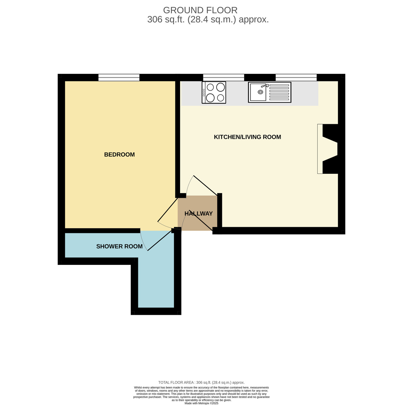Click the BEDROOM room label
(119, 155)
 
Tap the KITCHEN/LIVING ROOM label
(247, 137)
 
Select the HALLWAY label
(198, 214)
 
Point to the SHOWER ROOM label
(119, 246)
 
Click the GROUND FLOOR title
(200, 10)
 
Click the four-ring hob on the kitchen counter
(214, 92)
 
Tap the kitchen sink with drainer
(269, 92)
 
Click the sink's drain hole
(260, 92)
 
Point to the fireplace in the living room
(327, 149)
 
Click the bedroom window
(119, 77)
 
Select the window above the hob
(224, 77)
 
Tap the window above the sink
(296, 77)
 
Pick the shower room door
(159, 240)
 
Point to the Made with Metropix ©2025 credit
(201, 403)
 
